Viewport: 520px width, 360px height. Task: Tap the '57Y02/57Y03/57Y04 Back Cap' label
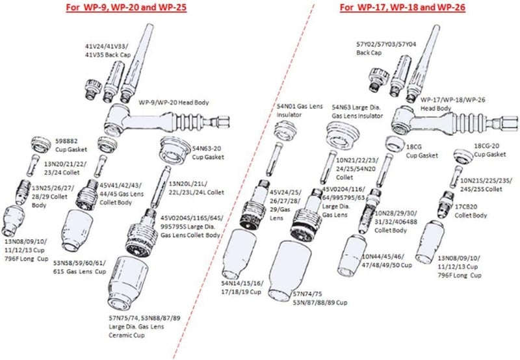[x=382, y=48]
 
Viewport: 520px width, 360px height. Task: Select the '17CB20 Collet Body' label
[x=470, y=211]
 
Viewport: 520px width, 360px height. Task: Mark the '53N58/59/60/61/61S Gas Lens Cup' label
[x=81, y=266]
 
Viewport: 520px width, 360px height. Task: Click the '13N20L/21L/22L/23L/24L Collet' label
[x=196, y=188]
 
